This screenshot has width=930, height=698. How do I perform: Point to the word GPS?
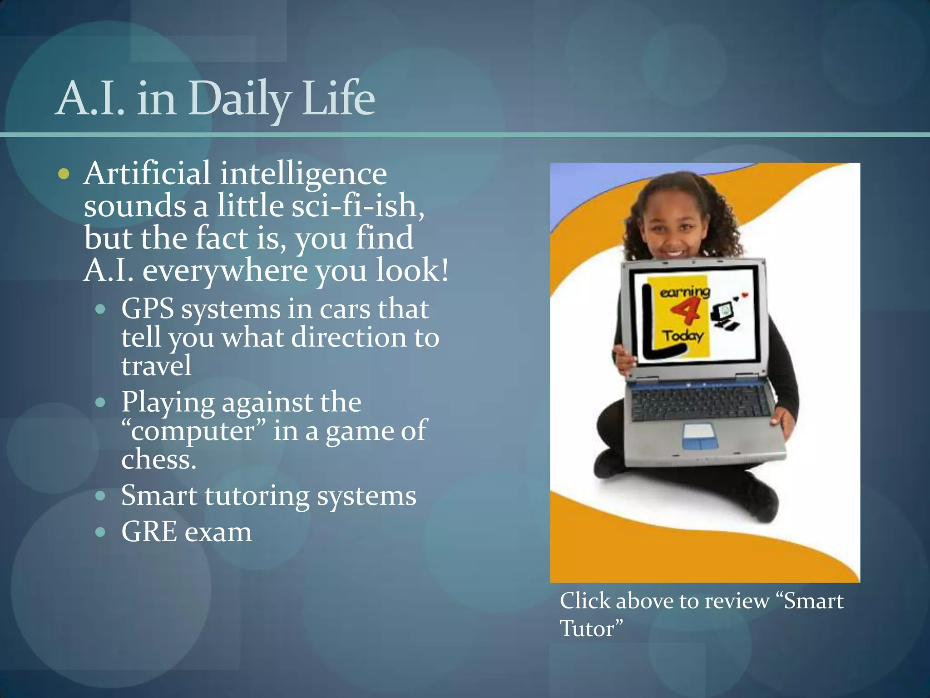(148, 309)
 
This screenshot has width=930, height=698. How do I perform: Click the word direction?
(348, 338)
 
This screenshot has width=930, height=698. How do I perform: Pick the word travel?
(156, 366)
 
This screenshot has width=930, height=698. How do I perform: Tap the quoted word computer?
(193, 431)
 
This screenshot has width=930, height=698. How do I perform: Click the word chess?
(158, 460)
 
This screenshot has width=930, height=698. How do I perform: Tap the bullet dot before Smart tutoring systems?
(100, 496)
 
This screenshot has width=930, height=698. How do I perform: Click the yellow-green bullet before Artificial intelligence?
(64, 174)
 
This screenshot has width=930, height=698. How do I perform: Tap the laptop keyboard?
(702, 402)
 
